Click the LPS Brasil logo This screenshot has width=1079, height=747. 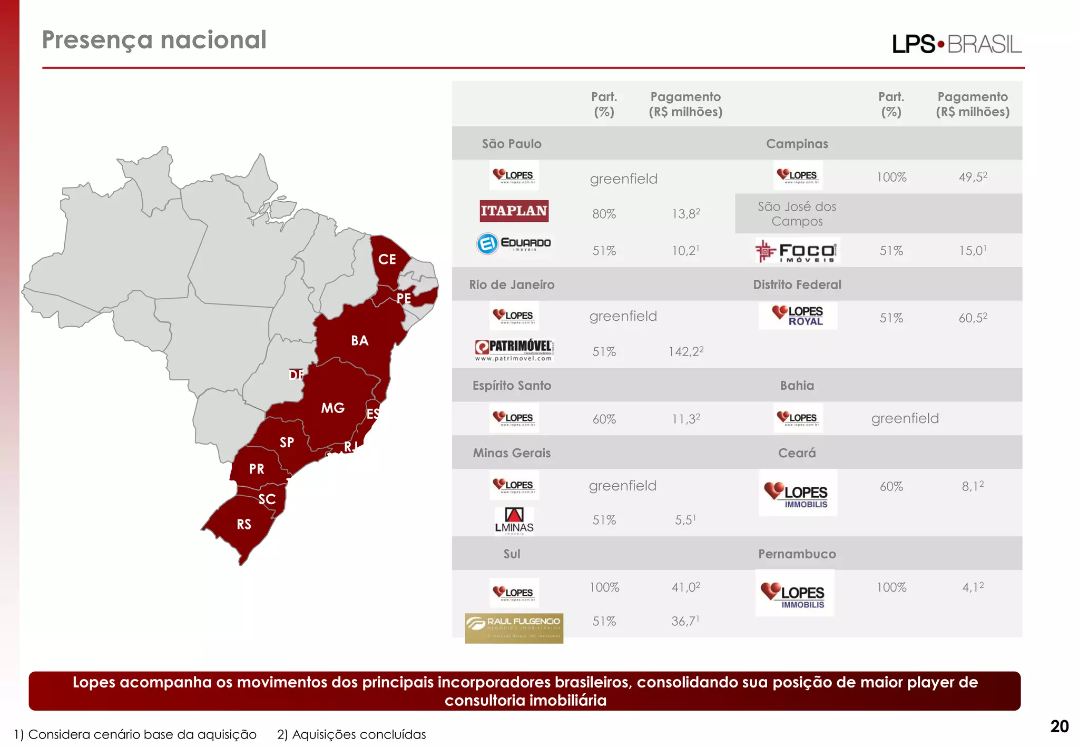tap(956, 44)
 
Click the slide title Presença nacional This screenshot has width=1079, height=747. tap(154, 40)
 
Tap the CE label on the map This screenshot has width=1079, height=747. tap(387, 259)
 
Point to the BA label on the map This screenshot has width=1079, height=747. tap(360, 340)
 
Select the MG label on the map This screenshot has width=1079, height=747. tap(333, 408)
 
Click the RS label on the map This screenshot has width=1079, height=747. tap(244, 524)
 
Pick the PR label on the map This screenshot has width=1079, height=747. tap(257, 469)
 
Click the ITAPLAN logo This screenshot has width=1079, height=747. tap(514, 211)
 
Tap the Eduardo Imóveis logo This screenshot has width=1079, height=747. tap(514, 243)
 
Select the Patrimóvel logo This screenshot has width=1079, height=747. tap(514, 350)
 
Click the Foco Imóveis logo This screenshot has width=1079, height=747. tap(797, 251)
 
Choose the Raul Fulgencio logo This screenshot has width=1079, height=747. tap(514, 628)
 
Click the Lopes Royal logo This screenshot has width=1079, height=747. tap(798, 316)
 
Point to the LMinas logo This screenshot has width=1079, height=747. tap(514, 521)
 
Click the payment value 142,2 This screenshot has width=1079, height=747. tap(685, 351)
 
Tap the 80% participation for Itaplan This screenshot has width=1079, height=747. tap(604, 214)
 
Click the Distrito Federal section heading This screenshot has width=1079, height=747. tap(797, 284)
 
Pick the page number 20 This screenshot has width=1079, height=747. tap(1059, 726)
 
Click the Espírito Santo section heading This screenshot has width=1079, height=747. tap(512, 386)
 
